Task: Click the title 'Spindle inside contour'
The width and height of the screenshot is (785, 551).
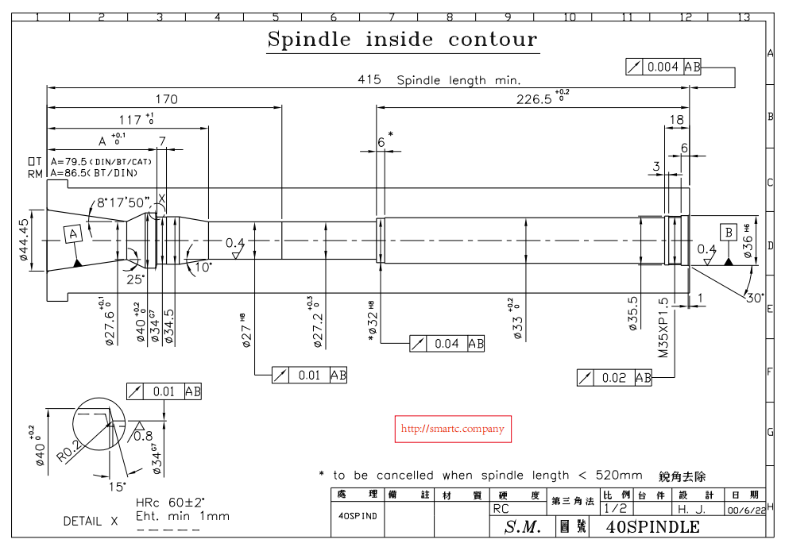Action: click(x=402, y=40)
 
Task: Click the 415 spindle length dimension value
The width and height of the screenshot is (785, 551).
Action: click(x=369, y=80)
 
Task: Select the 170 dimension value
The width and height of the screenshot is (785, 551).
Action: click(x=166, y=99)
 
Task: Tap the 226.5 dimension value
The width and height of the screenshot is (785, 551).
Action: click(x=532, y=99)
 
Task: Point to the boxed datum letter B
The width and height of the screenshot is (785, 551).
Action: click(x=728, y=232)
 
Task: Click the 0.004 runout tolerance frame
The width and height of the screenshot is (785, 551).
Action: click(x=663, y=67)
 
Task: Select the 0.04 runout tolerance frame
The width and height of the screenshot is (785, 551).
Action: click(x=447, y=344)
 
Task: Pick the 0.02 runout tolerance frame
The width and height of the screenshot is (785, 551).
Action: click(x=614, y=378)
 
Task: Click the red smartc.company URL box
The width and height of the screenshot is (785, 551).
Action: click(x=453, y=429)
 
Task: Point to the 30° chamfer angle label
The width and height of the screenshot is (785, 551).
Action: click(x=754, y=298)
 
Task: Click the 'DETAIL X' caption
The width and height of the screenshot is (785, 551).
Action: click(x=91, y=522)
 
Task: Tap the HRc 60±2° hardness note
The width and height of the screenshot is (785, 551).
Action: click(x=171, y=503)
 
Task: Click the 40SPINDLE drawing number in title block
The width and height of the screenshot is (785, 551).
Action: click(x=652, y=527)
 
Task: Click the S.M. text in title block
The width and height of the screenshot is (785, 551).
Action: click(x=523, y=527)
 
